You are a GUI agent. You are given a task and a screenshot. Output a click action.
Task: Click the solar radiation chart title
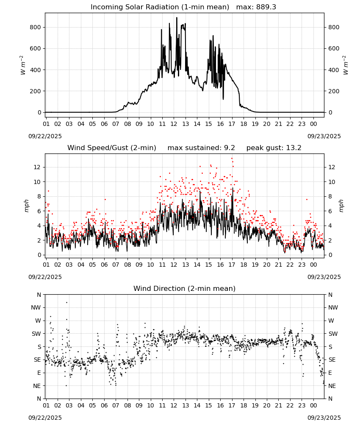coord(160,7)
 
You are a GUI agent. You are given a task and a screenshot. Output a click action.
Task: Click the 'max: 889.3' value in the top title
coord(256,7)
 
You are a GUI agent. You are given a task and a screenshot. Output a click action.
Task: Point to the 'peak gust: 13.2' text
coord(274,148)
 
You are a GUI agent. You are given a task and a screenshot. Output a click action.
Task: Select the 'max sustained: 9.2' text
coord(201,148)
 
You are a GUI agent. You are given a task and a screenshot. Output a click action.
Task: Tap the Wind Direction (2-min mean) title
coord(185,288)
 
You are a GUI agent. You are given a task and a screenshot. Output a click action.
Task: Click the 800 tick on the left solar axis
coord(36,27)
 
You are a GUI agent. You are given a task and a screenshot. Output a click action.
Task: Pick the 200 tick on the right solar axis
coord(334,91)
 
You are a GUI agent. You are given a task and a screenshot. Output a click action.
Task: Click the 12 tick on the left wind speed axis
coord(37,167)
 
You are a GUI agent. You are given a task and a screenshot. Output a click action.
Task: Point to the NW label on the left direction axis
coord(36,307)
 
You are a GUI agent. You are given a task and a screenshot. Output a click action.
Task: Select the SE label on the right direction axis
coord(332,360)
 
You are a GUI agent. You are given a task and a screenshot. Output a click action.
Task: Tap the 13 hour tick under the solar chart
coord(186,124)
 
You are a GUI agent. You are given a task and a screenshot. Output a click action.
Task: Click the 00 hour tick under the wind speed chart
coord(313,265)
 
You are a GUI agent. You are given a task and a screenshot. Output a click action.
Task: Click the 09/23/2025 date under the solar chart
coord(324,136)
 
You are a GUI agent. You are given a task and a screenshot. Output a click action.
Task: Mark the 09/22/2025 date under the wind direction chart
coord(45,418)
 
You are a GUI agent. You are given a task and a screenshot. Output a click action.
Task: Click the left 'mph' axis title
coord(26,206)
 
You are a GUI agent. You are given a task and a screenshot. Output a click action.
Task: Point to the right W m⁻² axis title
coord(346,65)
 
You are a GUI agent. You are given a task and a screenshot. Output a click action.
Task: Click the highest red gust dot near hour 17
coord(232,159)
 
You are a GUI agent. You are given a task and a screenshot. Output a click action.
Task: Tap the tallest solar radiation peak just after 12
coord(177,18)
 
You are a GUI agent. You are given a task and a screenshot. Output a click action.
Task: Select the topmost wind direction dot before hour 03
coord(67,303)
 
